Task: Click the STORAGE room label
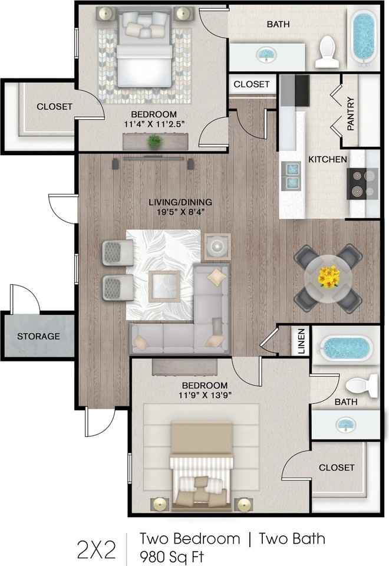39,336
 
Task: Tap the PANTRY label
350,114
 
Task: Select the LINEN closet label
302,341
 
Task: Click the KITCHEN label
328,159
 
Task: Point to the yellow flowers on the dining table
329,277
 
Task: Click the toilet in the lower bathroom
361,386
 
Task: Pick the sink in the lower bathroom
346,425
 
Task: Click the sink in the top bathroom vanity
266,55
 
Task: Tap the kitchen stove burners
362,184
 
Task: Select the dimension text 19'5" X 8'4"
181,212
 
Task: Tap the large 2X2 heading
97,549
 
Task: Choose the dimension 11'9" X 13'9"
205,395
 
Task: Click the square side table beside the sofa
217,246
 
